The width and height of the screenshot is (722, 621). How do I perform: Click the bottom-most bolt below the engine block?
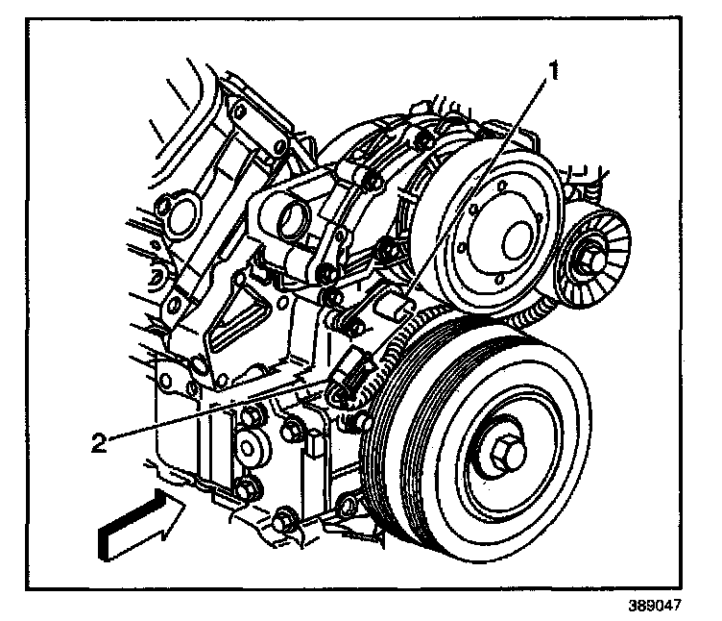point(285,523)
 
